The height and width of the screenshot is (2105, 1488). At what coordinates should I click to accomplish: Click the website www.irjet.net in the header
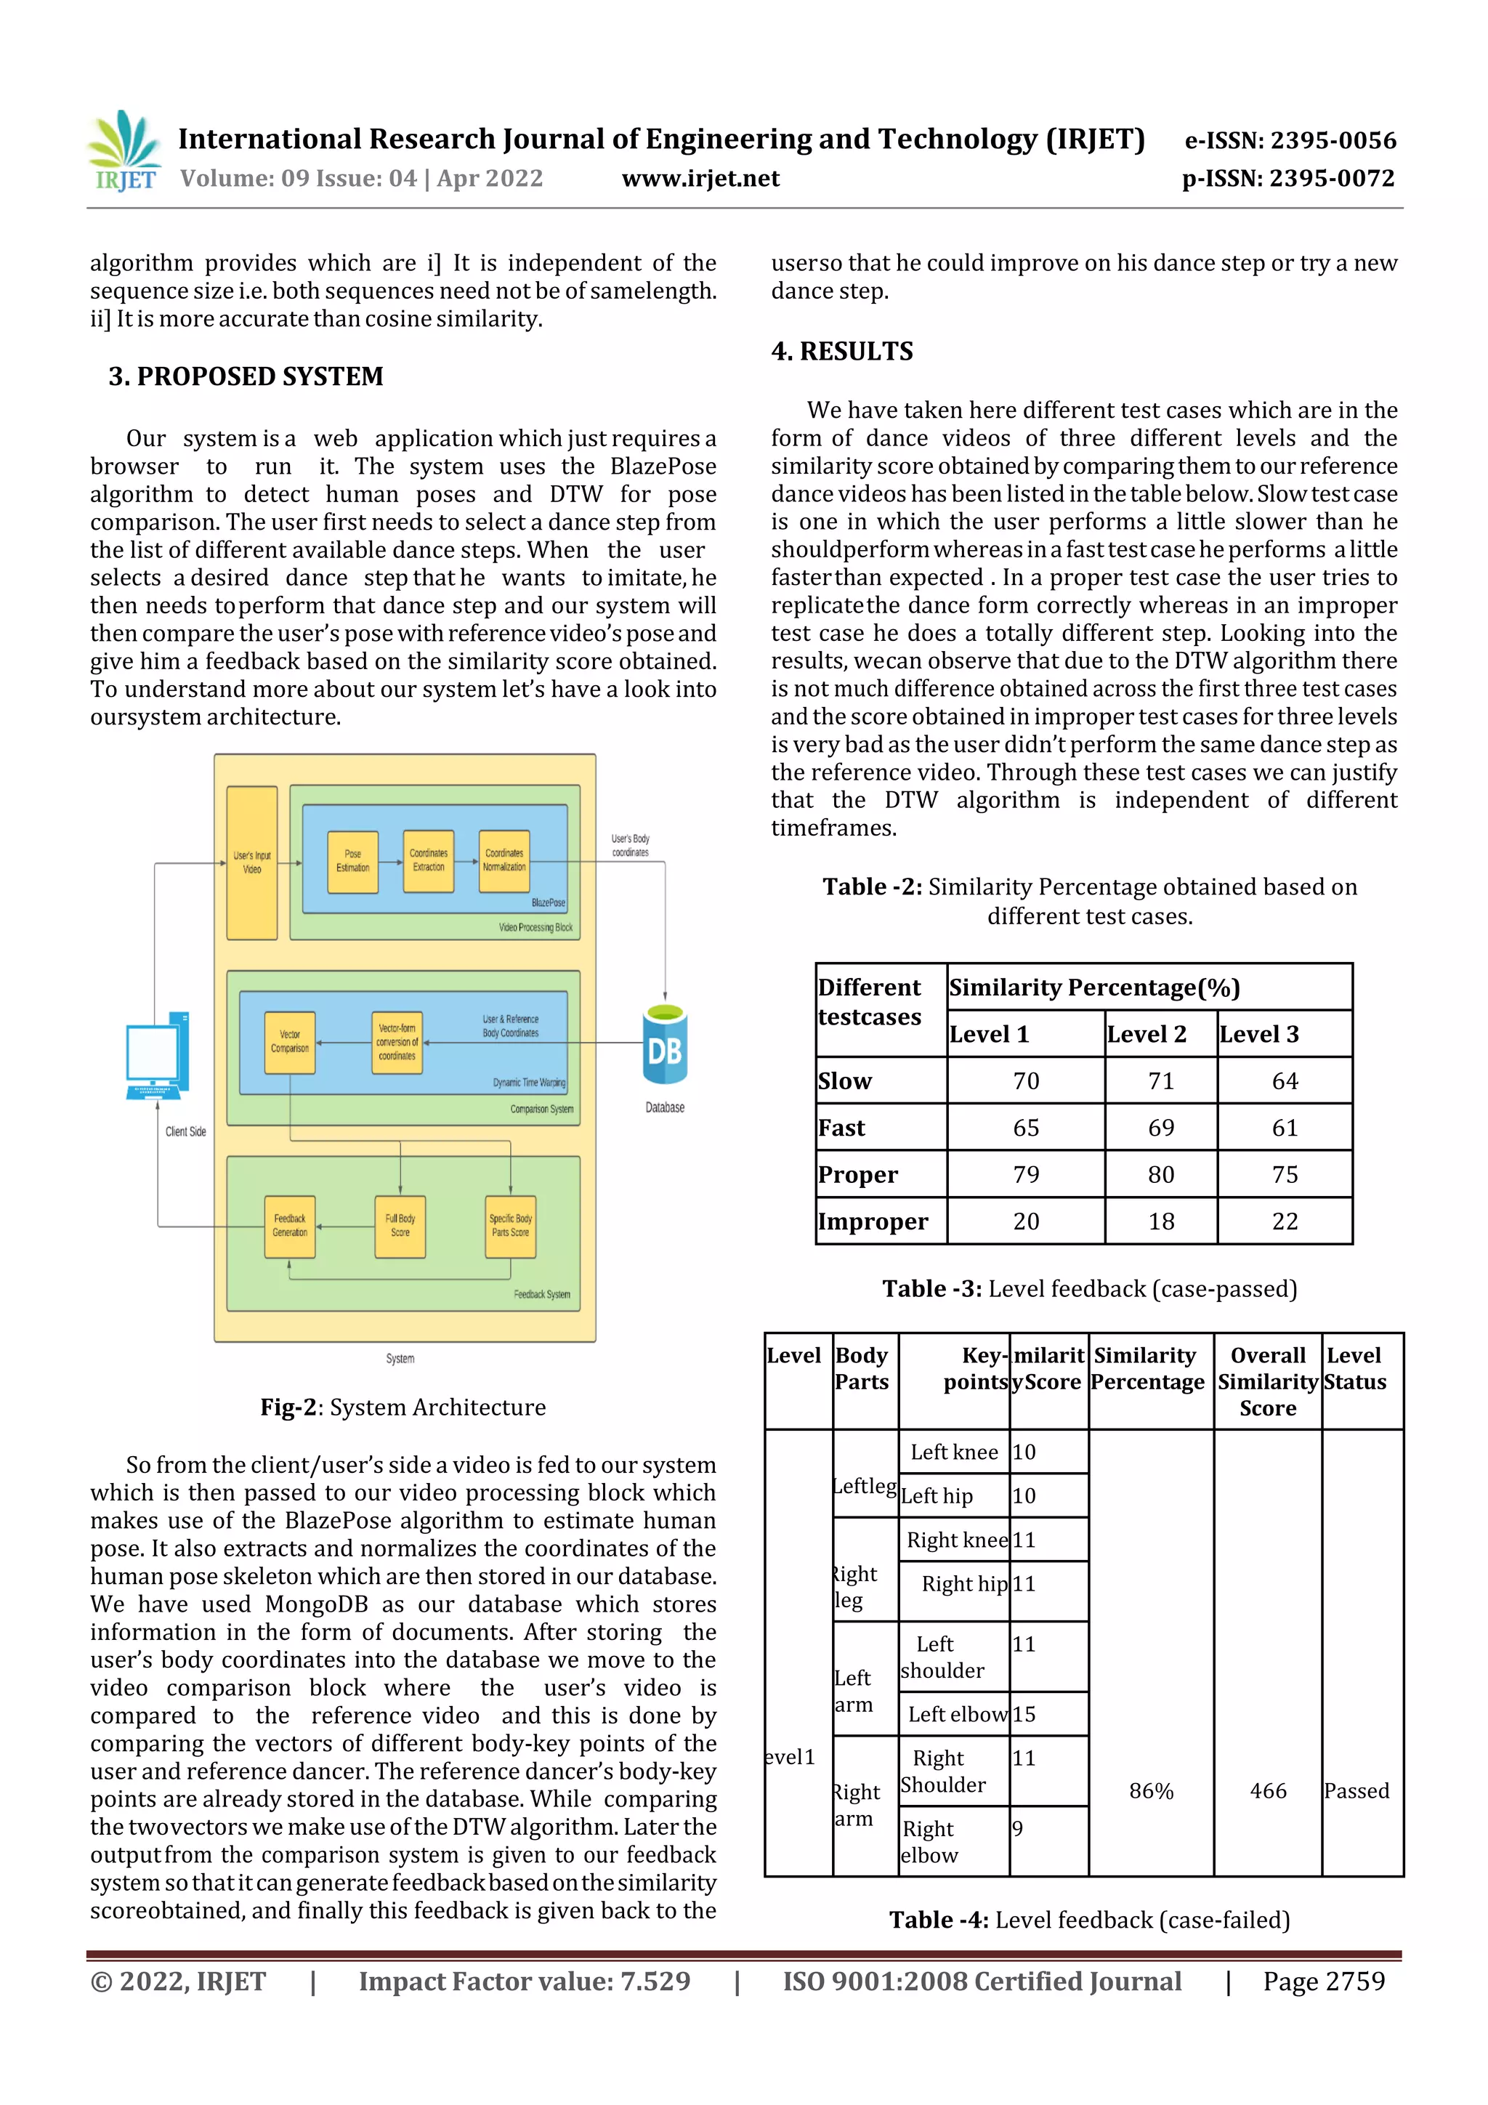click(700, 179)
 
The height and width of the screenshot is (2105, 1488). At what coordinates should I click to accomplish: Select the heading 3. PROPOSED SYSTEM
click(246, 377)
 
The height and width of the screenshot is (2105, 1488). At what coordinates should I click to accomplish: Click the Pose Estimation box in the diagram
click(353, 861)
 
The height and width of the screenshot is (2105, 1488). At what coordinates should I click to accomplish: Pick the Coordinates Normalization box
click(504, 860)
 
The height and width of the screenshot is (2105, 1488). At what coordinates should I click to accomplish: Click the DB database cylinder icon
click(665, 1044)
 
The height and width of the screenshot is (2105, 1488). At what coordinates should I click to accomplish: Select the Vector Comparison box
click(290, 1043)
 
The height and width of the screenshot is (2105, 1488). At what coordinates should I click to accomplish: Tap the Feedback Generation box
click(290, 1226)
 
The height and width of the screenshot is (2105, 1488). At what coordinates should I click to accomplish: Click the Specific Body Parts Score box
click(511, 1226)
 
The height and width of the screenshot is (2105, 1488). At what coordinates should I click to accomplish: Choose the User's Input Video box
click(252, 862)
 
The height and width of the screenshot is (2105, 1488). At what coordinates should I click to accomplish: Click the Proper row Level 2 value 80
click(1161, 1174)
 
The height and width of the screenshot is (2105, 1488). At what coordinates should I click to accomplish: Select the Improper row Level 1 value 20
click(1026, 1221)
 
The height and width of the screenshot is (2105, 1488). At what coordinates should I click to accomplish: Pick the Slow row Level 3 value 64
click(1285, 1081)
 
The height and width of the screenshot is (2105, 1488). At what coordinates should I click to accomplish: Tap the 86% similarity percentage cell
click(1151, 1790)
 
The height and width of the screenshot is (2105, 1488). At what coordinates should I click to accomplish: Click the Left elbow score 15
click(1024, 1713)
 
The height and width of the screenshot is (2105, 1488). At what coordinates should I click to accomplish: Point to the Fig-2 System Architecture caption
click(403, 1407)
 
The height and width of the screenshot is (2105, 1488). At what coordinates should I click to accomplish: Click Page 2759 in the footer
click(1323, 1981)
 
